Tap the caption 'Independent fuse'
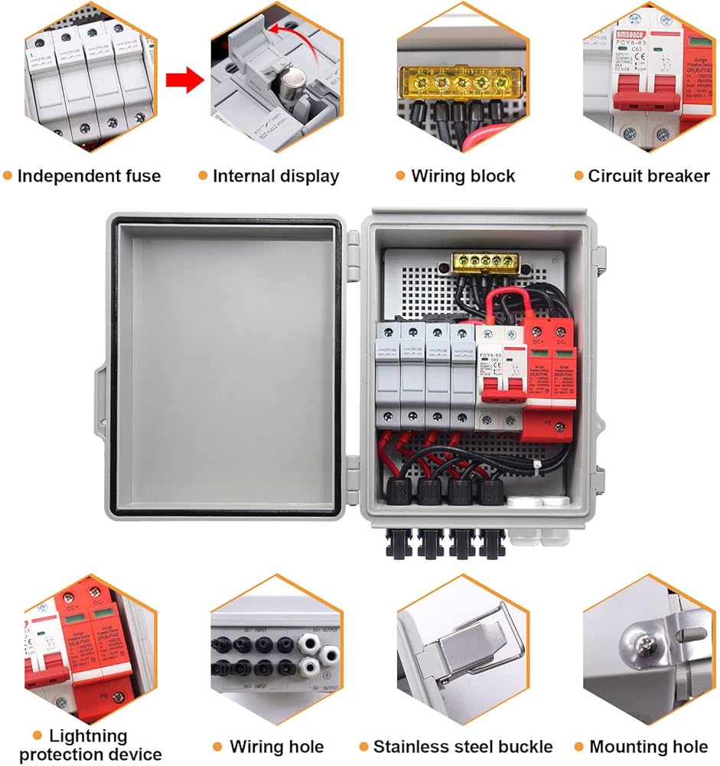pos(89,176)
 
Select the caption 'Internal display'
pos(275,176)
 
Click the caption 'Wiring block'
pos(463,176)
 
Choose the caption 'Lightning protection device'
pos(90,745)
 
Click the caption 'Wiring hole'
pos(276,746)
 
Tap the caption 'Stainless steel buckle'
pos(462,746)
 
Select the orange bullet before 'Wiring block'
pos(401,176)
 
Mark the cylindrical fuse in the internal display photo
pos(290,81)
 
